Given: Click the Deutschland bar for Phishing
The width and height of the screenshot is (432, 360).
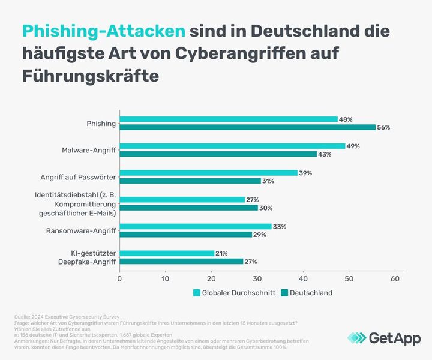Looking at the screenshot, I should click(x=248, y=127).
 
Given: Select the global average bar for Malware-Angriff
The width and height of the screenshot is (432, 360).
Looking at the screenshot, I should click(x=232, y=146).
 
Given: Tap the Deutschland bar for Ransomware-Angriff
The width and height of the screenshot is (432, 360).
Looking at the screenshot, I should click(x=186, y=235).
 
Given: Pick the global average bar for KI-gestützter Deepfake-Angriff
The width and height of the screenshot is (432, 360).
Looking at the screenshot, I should click(x=167, y=253).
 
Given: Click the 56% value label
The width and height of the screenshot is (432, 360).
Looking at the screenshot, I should click(x=384, y=127).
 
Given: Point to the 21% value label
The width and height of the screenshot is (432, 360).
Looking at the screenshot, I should click(x=221, y=253).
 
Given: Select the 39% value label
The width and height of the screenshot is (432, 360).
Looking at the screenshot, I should click(x=305, y=173).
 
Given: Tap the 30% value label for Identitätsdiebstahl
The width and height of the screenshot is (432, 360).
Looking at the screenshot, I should click(x=266, y=208).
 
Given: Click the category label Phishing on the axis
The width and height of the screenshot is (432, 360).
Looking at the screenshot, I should click(x=101, y=124).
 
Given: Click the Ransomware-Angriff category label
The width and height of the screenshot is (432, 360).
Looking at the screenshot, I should click(x=81, y=230).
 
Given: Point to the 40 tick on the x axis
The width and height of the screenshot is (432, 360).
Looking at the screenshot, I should click(x=303, y=278).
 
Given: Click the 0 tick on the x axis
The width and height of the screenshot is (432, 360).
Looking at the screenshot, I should click(x=120, y=278).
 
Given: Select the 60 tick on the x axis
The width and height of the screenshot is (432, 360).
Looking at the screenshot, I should click(x=395, y=278).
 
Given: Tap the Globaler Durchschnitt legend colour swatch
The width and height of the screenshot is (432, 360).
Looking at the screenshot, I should click(x=196, y=293).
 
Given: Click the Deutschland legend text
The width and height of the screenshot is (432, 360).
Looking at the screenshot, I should click(x=311, y=293).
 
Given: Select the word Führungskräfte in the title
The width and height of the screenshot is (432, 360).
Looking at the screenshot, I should click(x=92, y=76).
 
